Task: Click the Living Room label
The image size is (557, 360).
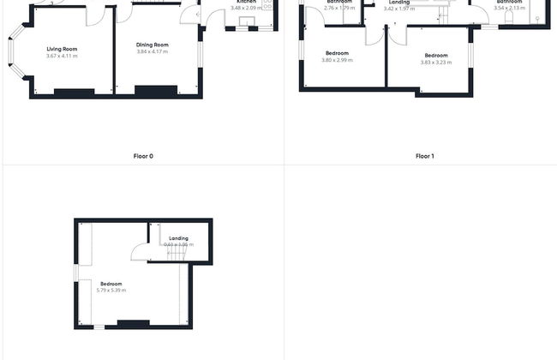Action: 62,49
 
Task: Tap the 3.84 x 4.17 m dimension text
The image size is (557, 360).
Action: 153,51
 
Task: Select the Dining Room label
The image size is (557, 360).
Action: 153,45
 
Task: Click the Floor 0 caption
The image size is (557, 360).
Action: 144,156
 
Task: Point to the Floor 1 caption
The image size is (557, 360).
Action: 425,156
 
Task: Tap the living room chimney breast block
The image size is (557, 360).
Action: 75,91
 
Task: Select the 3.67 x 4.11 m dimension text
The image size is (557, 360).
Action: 62,56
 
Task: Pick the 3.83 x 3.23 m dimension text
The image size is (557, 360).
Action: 436,62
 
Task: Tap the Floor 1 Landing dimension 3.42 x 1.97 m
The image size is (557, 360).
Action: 398,9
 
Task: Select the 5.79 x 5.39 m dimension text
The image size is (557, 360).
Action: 111,291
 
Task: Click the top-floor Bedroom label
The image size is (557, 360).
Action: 111,284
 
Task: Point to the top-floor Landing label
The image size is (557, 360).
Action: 178,238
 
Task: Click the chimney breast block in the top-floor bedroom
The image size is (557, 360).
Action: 132,323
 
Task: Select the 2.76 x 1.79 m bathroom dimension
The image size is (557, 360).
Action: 339,9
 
